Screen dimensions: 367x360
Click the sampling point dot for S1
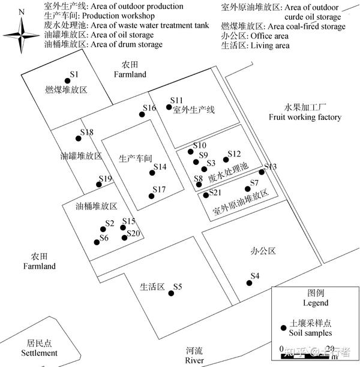click(x=67, y=81)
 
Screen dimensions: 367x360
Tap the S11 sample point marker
click(x=169, y=107)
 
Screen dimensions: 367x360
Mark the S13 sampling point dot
click(x=262, y=172)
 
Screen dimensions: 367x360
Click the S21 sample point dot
click(x=206, y=195)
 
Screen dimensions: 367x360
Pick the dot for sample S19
click(x=101, y=185)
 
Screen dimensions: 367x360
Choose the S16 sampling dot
click(x=142, y=114)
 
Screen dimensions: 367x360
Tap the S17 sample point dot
click(x=151, y=196)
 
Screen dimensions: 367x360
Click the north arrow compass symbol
click(x=22, y=34)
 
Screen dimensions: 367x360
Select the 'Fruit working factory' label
click(x=305, y=117)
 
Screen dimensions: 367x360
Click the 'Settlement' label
click(x=40, y=353)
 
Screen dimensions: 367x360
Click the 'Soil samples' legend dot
click(x=284, y=327)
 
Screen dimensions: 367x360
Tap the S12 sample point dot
click(x=226, y=160)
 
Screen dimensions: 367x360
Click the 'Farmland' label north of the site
click(x=130, y=74)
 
